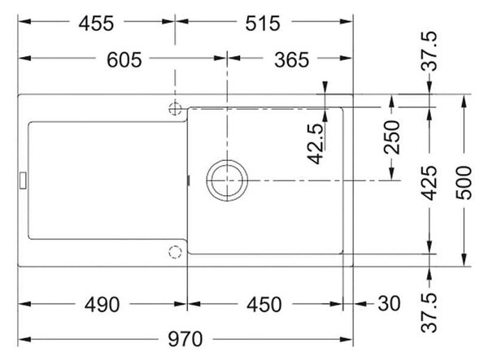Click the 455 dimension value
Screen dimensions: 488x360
point(96,24)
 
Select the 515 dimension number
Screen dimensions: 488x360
point(263,24)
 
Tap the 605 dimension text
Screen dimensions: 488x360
point(124,60)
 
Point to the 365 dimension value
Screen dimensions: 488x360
point(292,60)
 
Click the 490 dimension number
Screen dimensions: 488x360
point(102,305)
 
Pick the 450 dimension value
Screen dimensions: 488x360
point(264,305)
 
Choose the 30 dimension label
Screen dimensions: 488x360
point(389,304)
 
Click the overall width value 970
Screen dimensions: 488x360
point(185,339)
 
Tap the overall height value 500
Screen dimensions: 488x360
point(464,183)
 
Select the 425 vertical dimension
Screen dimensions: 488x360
point(429,183)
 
